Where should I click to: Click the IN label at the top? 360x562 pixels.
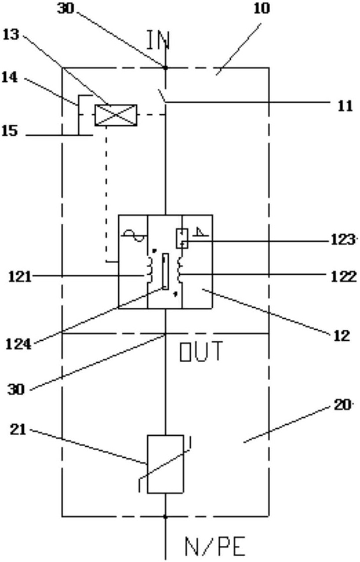click(x=158, y=40)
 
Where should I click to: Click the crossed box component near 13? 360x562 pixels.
click(x=116, y=115)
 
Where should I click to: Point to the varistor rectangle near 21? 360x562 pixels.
click(x=165, y=464)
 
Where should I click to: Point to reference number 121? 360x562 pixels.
click(x=18, y=277)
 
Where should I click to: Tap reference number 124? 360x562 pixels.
click(x=19, y=344)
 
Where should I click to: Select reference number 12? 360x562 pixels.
click(x=342, y=336)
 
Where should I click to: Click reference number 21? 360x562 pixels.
click(x=18, y=429)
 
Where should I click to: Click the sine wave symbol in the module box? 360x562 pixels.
click(x=133, y=237)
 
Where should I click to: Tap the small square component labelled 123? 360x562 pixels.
click(x=182, y=238)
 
